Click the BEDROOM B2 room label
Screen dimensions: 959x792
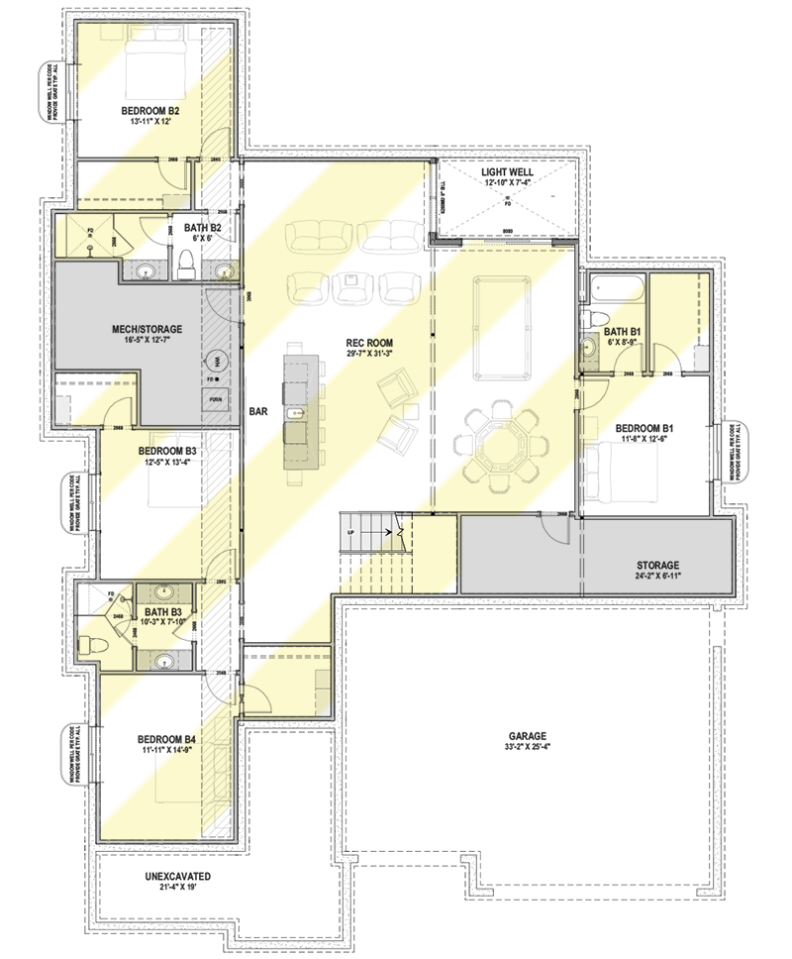pyautogui.click(x=150, y=110)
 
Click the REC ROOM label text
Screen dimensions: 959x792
pyautogui.click(x=357, y=340)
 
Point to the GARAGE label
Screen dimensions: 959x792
pyautogui.click(x=528, y=736)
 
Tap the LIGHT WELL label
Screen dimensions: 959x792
pyautogui.click(x=507, y=171)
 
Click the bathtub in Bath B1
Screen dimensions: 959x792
pyautogui.click(x=613, y=289)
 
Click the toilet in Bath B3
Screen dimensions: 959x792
pyautogui.click(x=93, y=645)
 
